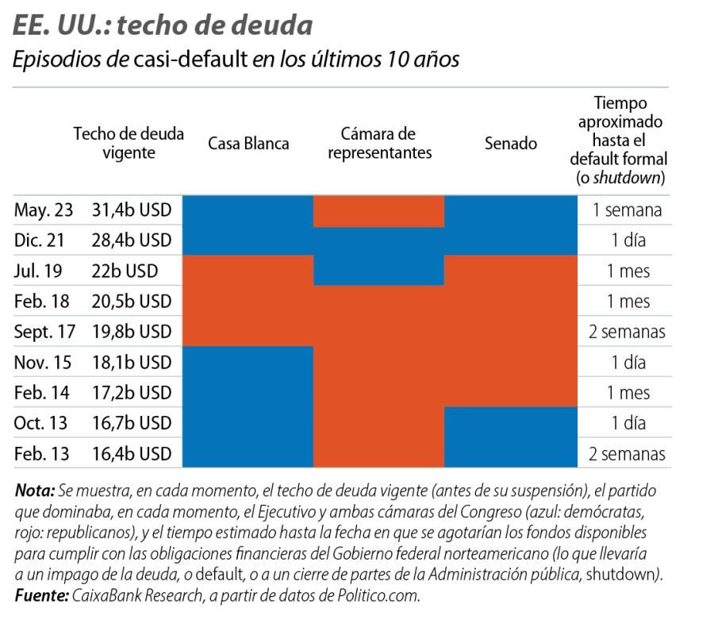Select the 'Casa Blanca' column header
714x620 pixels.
248,144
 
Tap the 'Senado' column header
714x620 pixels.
510,144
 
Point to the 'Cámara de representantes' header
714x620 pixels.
379,144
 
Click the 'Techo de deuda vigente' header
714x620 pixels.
129,144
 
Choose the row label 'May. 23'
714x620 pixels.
43,210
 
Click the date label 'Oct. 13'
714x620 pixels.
42,422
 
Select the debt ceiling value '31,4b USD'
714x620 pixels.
132,210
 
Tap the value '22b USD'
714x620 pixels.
124,271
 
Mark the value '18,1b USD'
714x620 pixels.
132,362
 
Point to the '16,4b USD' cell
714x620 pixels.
132,454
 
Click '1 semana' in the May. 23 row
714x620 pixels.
628,210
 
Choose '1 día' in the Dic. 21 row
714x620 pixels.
628,241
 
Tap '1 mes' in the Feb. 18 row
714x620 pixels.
628,302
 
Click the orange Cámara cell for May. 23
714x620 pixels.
379,210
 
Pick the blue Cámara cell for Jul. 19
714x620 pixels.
379,271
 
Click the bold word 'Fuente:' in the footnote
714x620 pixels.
39,595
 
